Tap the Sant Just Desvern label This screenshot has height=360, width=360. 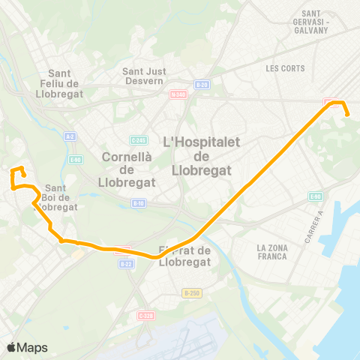point(144,76)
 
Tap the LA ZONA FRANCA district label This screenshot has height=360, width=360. point(271,252)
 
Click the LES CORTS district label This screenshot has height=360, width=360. point(282,67)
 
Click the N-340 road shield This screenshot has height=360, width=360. point(178,94)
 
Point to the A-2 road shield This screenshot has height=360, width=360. point(70,136)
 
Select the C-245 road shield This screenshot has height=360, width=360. point(137,139)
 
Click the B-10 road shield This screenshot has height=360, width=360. point(138,203)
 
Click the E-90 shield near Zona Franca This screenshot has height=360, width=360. point(315,196)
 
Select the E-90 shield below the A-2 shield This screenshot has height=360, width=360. point(76,159)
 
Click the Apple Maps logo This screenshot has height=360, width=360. point(27,347)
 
